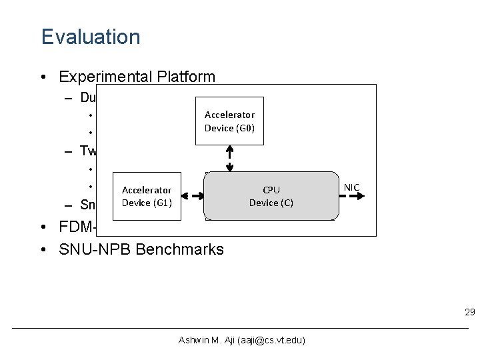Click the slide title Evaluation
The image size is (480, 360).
(91, 37)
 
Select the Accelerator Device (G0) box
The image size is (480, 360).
(229, 121)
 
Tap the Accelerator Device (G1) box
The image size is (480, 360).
(147, 197)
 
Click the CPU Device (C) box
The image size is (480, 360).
(271, 197)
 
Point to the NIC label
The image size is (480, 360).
(351, 187)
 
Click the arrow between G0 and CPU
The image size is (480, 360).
(229, 158)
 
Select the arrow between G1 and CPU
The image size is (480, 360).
(189, 197)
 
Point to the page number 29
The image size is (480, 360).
(469, 313)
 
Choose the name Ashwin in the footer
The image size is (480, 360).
(193, 340)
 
